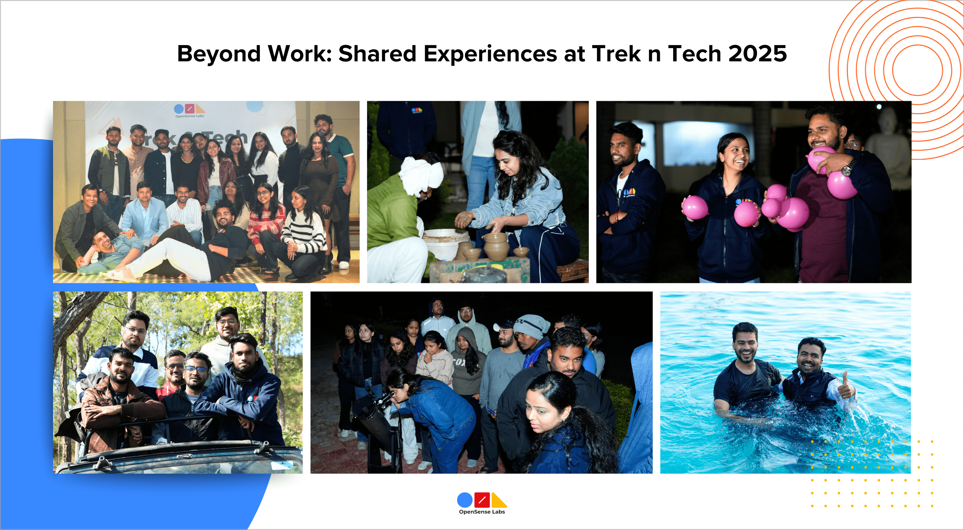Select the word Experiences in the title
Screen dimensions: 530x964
(490, 54)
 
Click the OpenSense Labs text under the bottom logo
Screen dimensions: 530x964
(482, 512)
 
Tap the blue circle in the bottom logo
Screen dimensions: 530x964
(465, 500)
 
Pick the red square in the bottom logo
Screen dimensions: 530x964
(482, 500)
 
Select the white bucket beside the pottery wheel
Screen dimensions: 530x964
(445, 243)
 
